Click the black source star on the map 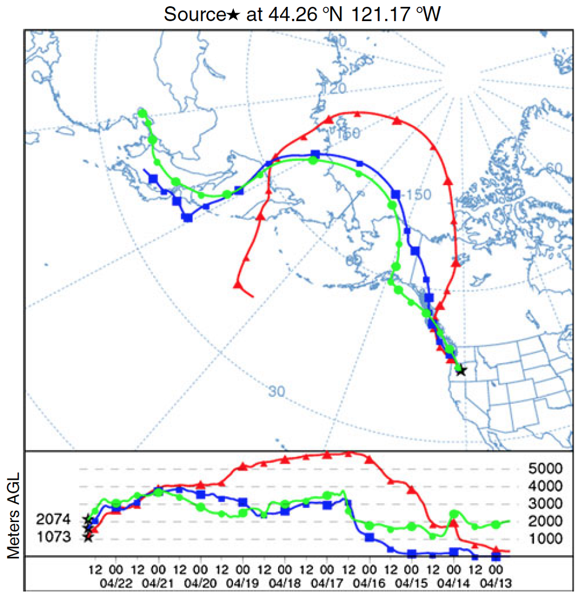(x=461, y=370)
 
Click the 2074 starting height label (x=53, y=520)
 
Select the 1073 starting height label (x=53, y=537)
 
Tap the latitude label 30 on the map (x=277, y=392)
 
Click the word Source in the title (x=194, y=14)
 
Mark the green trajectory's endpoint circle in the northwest (x=143, y=113)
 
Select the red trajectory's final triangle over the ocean (x=238, y=284)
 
